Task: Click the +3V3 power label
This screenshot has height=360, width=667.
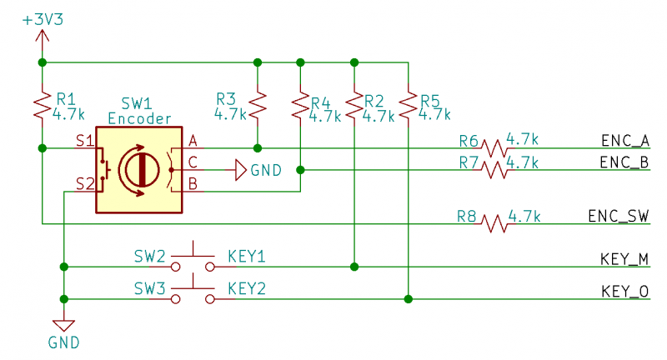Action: [x=43, y=19]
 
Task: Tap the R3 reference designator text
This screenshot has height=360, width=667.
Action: [x=226, y=99]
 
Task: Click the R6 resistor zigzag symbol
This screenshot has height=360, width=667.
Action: [x=494, y=148]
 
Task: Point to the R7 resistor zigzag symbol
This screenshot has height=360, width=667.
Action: [x=494, y=170]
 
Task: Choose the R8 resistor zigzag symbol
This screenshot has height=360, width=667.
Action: [x=494, y=223]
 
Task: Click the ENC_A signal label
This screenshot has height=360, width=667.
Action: [x=625, y=141]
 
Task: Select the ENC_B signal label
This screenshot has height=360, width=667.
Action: [x=624, y=162]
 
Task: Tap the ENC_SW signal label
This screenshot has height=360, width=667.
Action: [x=619, y=216]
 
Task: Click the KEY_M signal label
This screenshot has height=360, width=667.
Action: [x=624, y=259]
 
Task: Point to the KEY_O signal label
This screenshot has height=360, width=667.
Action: [x=624, y=291]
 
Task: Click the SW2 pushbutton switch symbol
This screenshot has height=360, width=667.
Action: [x=193, y=257]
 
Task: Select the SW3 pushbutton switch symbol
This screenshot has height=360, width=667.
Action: [x=193, y=290]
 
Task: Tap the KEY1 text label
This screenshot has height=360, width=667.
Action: [x=247, y=257]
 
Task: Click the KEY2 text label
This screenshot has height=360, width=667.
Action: [x=247, y=288]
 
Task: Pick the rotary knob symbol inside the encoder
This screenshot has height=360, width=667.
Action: [x=139, y=170]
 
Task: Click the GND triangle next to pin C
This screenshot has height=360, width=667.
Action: [x=241, y=170]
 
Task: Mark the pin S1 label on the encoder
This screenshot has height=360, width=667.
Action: [x=85, y=141]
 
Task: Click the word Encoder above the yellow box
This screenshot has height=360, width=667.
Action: [x=139, y=118]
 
